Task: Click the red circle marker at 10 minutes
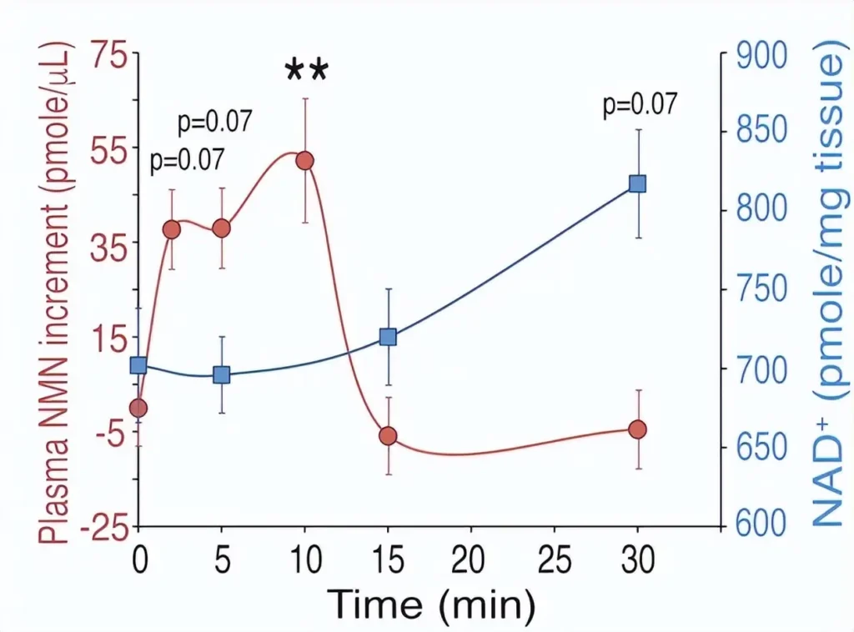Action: tap(304, 160)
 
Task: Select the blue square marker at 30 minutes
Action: tap(638, 184)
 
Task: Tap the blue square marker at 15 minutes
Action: tap(388, 337)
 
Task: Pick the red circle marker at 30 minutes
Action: tap(638, 429)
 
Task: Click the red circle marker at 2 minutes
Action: tap(172, 229)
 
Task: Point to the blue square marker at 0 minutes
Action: tap(138, 365)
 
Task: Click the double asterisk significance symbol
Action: tap(307, 70)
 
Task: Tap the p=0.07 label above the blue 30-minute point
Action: tap(640, 105)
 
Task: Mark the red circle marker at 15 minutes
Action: tap(388, 436)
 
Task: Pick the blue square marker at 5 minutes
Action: tap(221, 374)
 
